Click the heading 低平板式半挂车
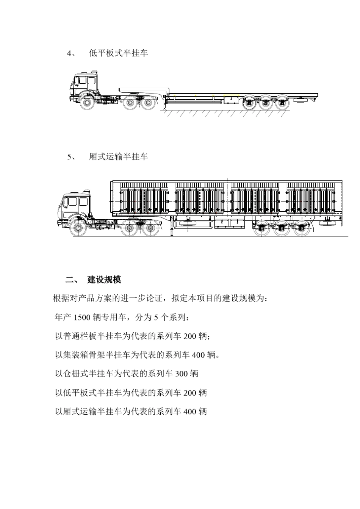pyautogui.click(x=118, y=53)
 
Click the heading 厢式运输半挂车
pyautogui.click(x=118, y=156)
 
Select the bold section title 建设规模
pyautogui.click(x=104, y=280)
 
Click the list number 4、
pyautogui.click(x=71, y=53)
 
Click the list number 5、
pyautogui.click(x=71, y=156)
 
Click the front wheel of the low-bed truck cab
pyautogui.click(x=87, y=103)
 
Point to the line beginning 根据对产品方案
pyautogui.click(x=161, y=298)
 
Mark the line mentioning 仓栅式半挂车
pyautogui.click(x=127, y=374)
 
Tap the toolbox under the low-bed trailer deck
pyautogui.click(x=231, y=100)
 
